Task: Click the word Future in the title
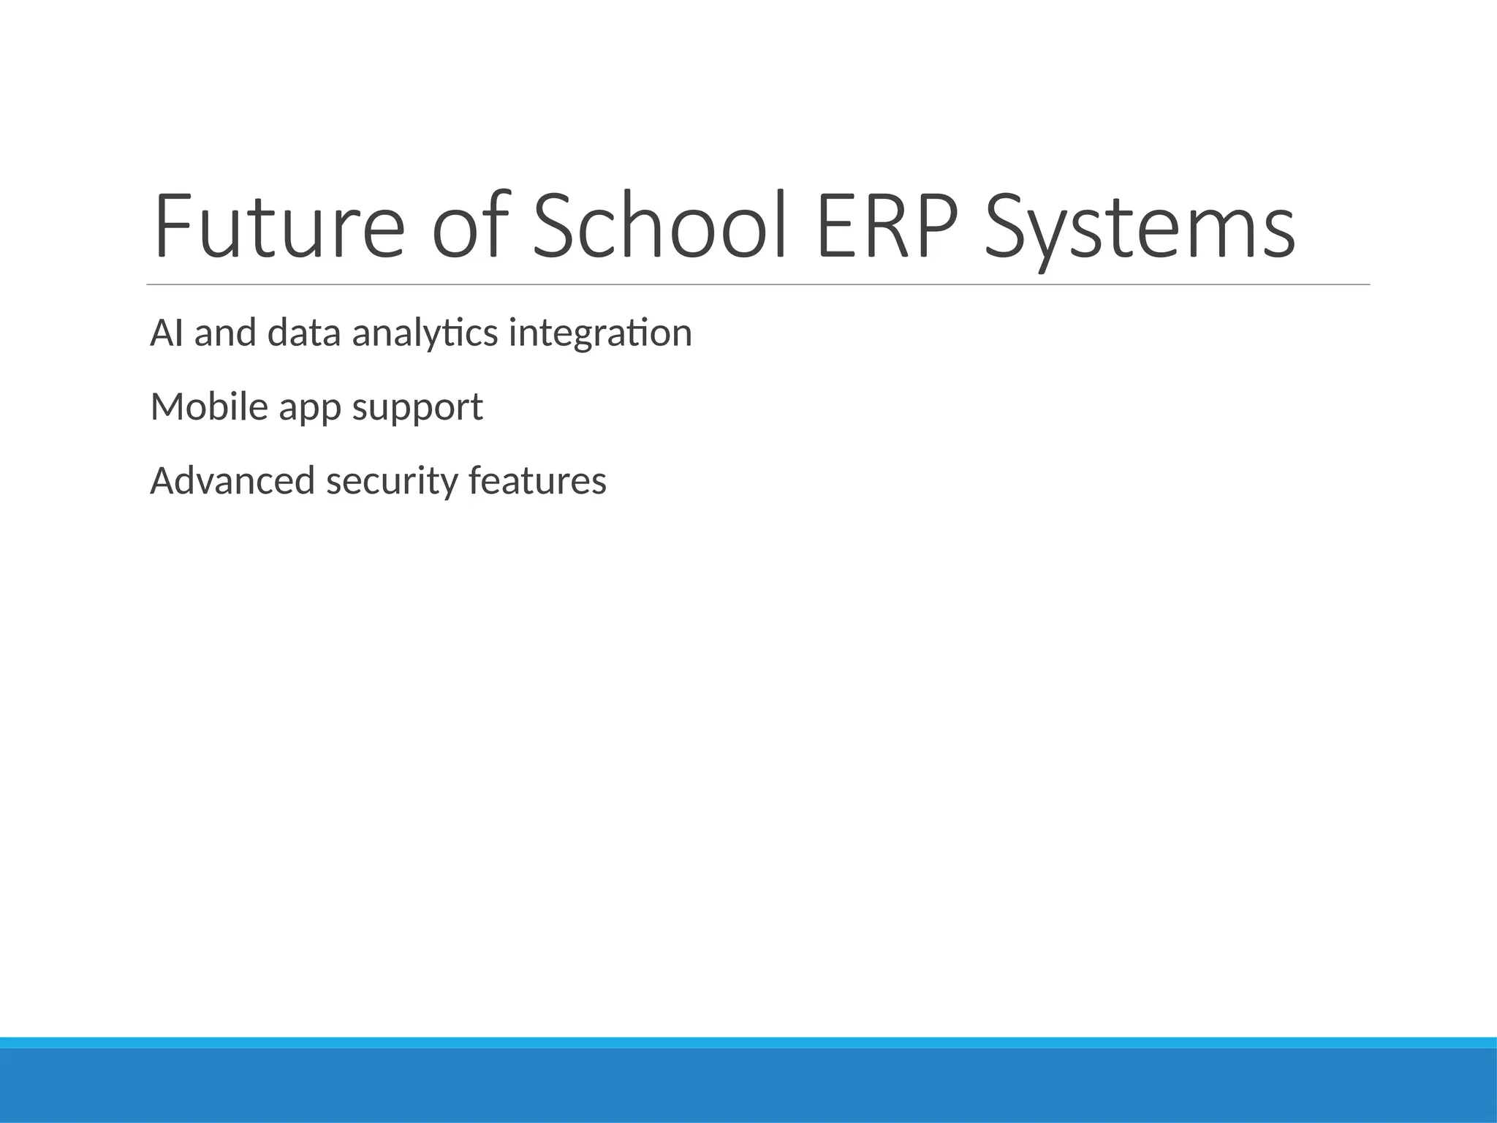(x=278, y=227)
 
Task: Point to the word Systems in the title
(x=1140, y=227)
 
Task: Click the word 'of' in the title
(x=469, y=227)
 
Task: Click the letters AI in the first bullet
(x=167, y=333)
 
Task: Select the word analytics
(x=425, y=333)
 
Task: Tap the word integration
(x=600, y=333)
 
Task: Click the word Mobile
(x=210, y=407)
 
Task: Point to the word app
(x=310, y=409)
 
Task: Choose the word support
(x=417, y=409)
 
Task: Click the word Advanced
(x=232, y=481)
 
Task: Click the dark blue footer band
(x=748, y=1086)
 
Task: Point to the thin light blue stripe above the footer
(x=748, y=1042)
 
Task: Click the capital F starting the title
(x=169, y=227)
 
